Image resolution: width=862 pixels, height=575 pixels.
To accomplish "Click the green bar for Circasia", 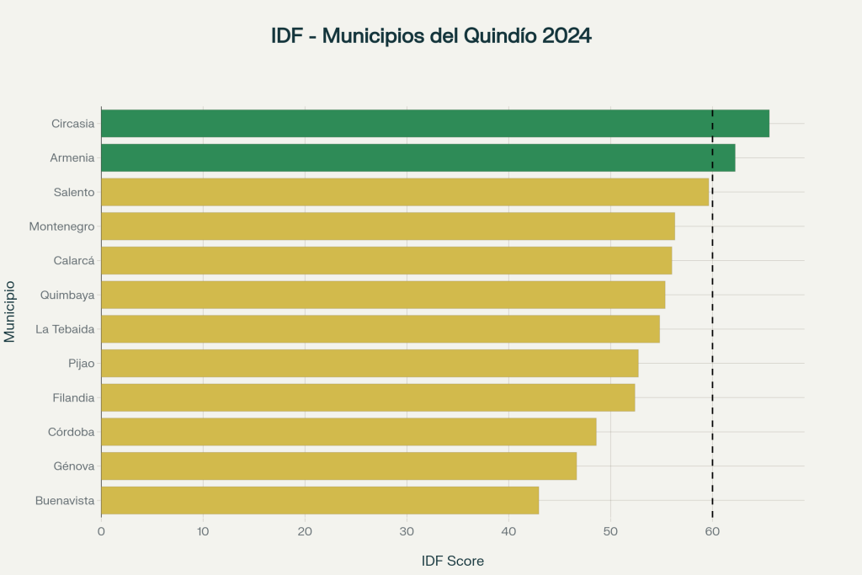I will coord(434,123).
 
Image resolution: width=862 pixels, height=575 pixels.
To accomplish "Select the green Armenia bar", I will coord(418,157).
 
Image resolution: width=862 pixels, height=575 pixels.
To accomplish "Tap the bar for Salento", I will coord(404,192).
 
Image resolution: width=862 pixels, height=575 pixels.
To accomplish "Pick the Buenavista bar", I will coord(320,500).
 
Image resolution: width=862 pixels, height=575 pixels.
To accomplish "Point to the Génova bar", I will coord(338,466).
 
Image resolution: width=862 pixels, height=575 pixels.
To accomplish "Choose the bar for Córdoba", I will coord(349,432).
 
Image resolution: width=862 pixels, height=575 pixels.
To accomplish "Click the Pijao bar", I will coord(370,363).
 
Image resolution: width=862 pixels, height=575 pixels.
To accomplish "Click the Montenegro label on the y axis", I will coord(61,226).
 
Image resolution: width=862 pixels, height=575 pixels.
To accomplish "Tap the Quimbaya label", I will coord(67,295).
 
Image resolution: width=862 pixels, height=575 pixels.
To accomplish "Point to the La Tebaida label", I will coord(65,329).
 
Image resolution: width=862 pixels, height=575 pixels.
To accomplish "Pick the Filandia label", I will coord(73,397).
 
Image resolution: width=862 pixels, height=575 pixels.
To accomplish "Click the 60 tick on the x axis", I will coord(712,531).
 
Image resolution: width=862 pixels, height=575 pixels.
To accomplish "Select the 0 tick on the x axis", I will coord(101,531).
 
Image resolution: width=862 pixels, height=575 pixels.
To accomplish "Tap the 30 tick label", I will coord(407,531).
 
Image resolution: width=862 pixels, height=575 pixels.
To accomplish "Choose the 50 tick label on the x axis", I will coord(610,531).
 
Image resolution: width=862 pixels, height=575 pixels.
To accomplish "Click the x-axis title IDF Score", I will coord(452,561).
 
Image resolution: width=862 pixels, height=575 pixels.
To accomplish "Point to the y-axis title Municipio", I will coord(10,311).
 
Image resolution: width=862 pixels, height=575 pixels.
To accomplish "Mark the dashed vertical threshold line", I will coord(712,337).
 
